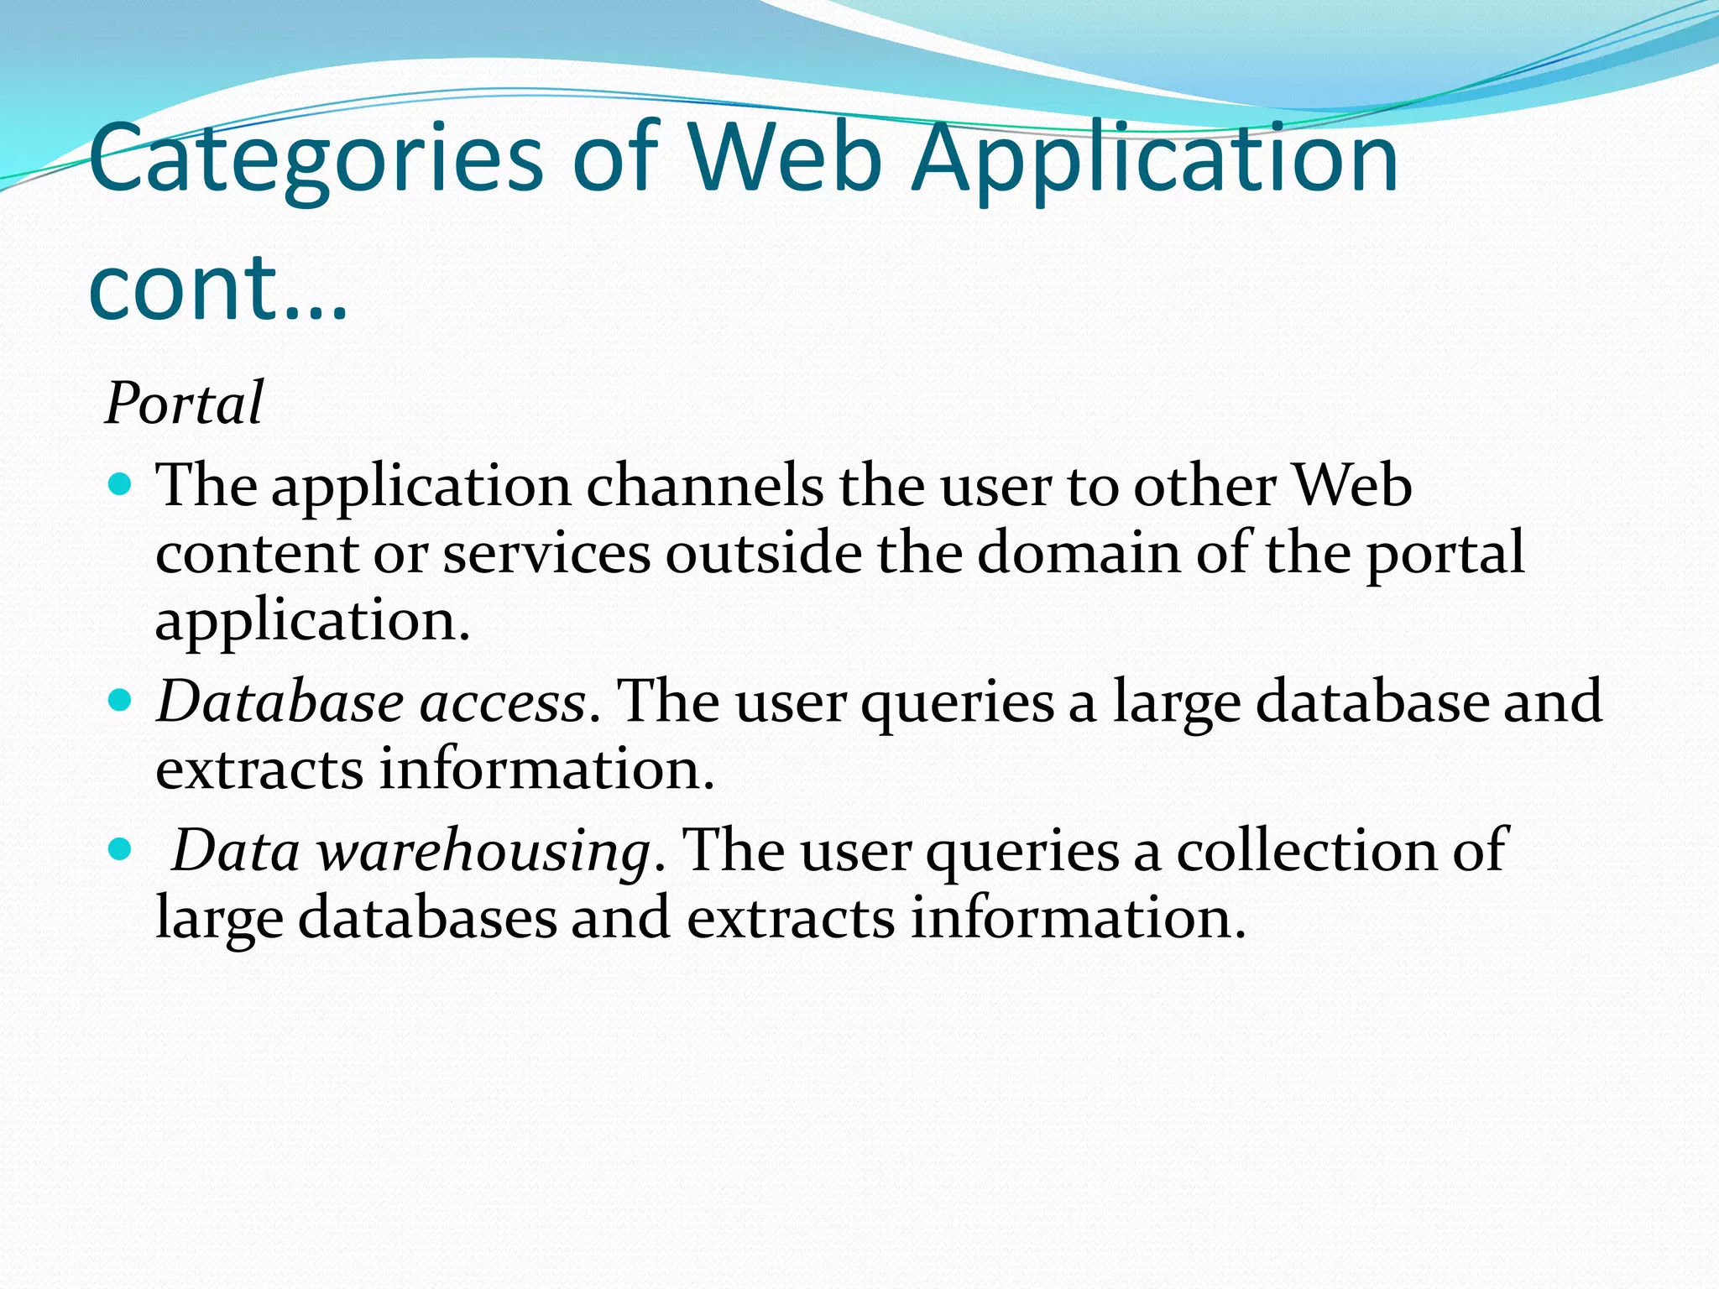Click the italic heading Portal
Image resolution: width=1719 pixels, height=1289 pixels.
pyautogui.click(x=184, y=404)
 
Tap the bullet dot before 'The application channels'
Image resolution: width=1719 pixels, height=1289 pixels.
pyautogui.click(x=121, y=485)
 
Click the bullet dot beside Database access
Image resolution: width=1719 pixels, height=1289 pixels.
pyautogui.click(x=121, y=700)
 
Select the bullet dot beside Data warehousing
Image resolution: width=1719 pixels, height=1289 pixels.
pyautogui.click(x=121, y=849)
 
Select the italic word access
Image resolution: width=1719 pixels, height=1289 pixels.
pyautogui.click(x=502, y=703)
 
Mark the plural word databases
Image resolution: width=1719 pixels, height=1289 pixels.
pyautogui.click(x=427, y=917)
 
